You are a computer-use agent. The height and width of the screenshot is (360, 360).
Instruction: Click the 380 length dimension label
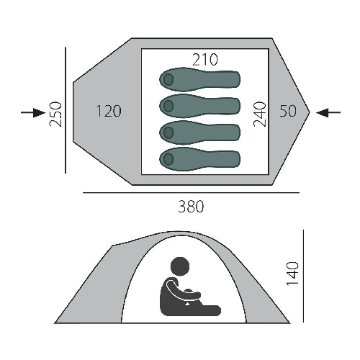191,207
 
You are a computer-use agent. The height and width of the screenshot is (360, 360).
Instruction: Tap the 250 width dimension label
55,114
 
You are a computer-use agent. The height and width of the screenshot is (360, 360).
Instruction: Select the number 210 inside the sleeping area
205,60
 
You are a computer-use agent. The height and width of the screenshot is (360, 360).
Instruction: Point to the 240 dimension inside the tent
260,114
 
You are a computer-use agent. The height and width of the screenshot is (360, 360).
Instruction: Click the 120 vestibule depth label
109,111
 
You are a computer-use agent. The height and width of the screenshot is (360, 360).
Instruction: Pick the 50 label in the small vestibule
288,111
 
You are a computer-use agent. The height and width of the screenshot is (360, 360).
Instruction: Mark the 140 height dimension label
293,274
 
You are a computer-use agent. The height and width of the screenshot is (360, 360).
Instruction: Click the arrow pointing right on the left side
33,112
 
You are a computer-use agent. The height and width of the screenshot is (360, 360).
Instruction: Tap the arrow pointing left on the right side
328,112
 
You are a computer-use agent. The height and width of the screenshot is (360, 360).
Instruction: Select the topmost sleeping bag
199,79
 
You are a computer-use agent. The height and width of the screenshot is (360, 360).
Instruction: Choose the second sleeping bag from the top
199,106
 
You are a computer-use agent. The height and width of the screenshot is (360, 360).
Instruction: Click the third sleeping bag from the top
199,132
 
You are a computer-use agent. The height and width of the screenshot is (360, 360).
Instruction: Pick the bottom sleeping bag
199,159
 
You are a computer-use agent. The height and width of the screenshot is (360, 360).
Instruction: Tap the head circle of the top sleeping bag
168,79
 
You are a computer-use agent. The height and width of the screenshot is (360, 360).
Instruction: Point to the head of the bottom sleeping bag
168,159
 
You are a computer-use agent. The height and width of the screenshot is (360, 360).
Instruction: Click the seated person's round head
180,266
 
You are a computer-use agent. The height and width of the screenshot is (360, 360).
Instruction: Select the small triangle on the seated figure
186,304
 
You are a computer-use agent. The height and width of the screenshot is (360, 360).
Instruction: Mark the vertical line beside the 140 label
304,276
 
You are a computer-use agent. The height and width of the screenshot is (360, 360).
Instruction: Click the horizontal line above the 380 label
191,192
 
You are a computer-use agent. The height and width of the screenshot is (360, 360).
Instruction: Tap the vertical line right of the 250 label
66,110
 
